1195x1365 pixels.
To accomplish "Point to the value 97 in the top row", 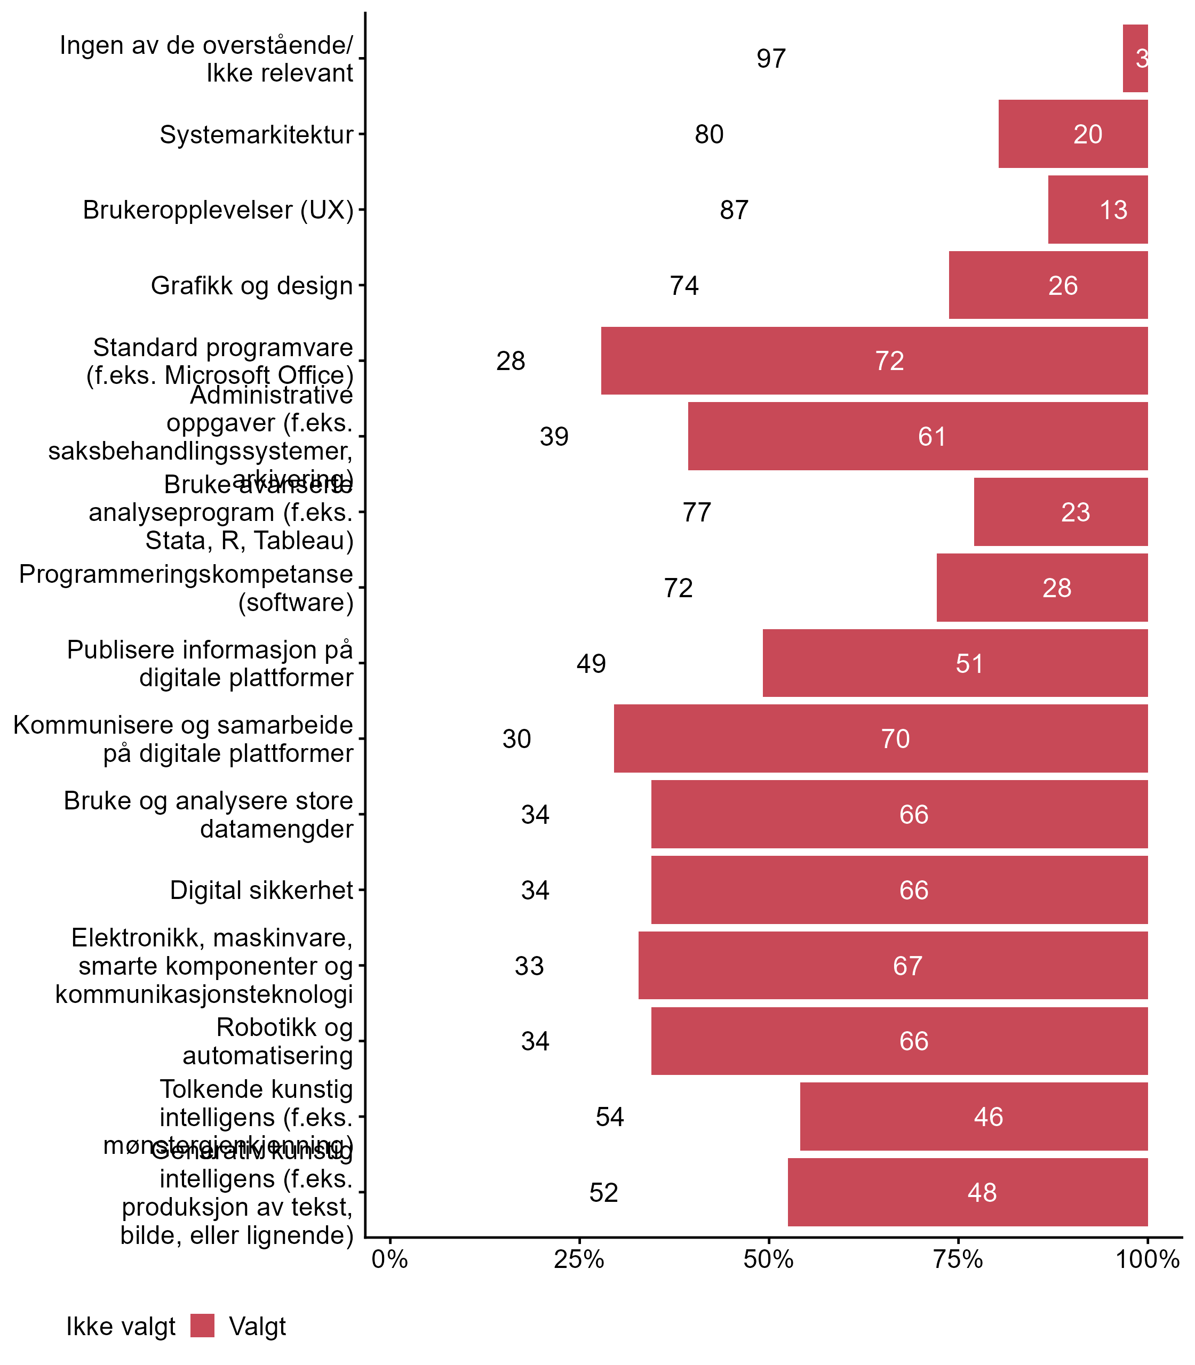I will pos(771,59).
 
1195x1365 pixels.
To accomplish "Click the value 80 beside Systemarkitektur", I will pos(709,134).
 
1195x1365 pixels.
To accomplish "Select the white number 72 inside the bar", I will pos(890,360).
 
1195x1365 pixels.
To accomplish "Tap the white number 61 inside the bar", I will pos(931,437).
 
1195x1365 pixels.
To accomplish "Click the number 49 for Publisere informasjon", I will pos(591,664).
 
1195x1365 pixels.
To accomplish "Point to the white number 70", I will pos(895,739).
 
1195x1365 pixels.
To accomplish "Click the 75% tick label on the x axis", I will pos(958,1259).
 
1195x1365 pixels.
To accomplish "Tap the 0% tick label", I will pos(390,1259).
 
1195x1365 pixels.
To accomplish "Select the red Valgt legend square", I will pos(202,1326).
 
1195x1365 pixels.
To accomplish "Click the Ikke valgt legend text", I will pos(121,1327).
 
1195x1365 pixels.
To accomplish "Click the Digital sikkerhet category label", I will pos(261,890).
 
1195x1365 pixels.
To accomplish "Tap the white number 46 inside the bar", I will pos(987,1117).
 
